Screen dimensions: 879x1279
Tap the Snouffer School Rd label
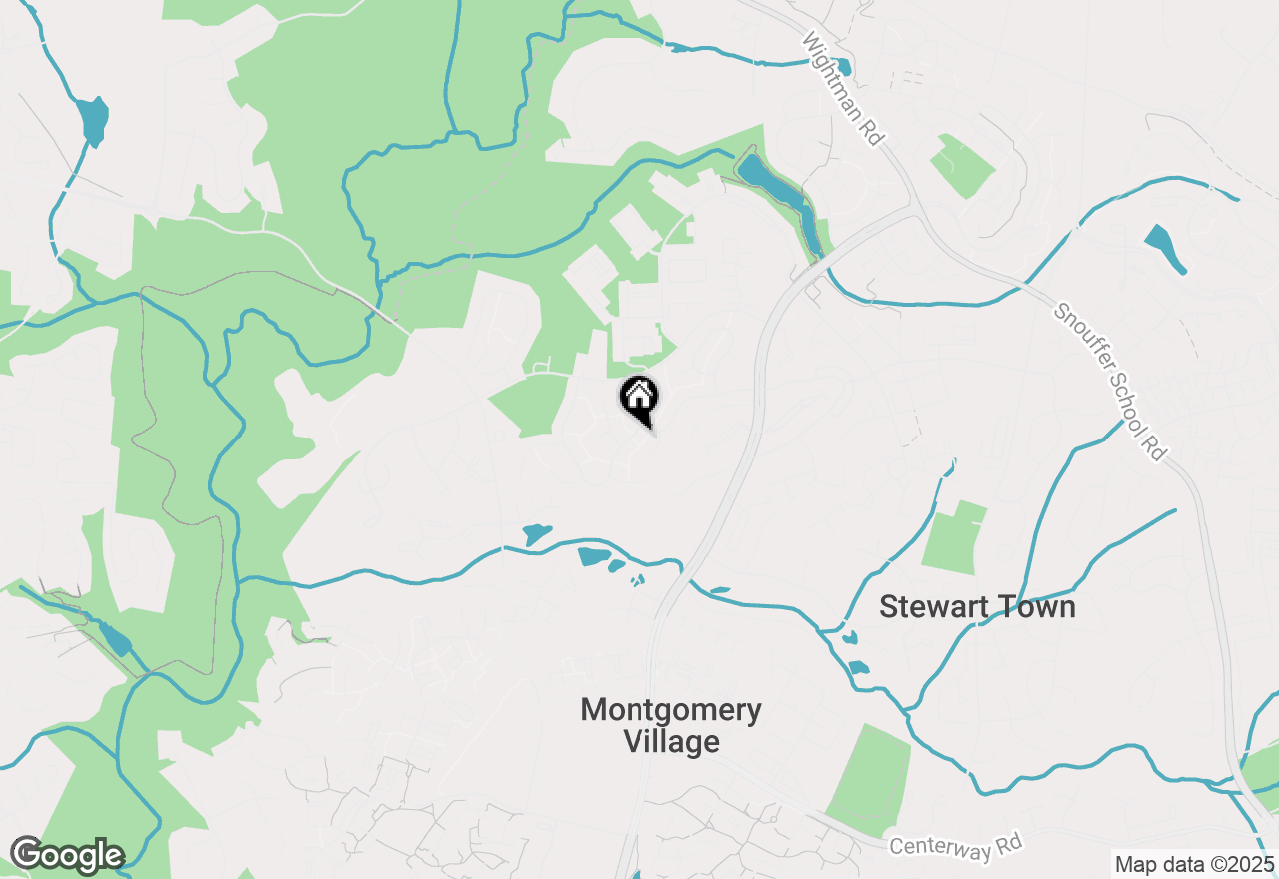point(1110,382)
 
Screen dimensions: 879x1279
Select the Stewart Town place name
point(977,606)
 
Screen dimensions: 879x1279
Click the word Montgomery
point(670,710)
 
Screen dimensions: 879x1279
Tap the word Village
point(670,742)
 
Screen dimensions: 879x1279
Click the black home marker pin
point(639,399)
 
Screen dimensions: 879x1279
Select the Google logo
point(66,855)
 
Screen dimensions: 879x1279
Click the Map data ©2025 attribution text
point(1193,864)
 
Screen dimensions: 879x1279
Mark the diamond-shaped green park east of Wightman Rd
point(961,164)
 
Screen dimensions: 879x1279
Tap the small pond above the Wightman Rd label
point(845,67)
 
